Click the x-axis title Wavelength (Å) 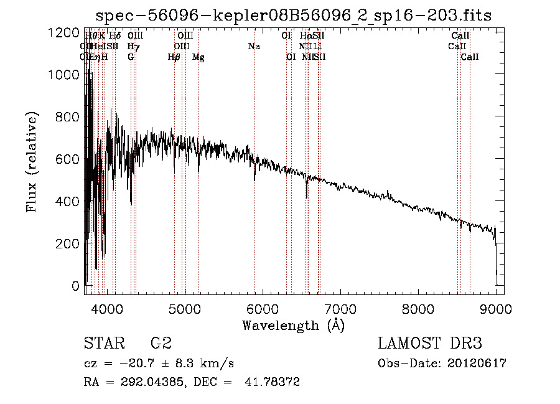pos(293,325)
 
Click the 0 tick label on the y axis pos(75,286)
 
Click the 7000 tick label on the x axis pos(340,309)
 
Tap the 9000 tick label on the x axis pos(496,309)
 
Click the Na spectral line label pos(254,47)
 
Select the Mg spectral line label pos(198,57)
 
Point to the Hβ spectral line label pos(174,57)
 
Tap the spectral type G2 pos(161,344)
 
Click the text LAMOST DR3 pos(430,344)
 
